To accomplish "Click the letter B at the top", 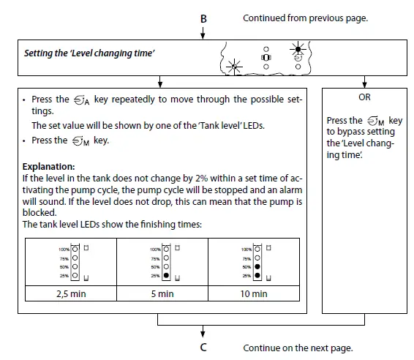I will [x=203, y=18].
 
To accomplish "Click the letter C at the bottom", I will [x=203, y=348].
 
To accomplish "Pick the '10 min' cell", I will [x=255, y=293].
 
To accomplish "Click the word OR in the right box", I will [x=364, y=97].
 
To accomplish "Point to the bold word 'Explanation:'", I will [x=48, y=166].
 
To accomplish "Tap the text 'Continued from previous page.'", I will [x=305, y=18].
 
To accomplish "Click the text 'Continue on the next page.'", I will [x=297, y=348].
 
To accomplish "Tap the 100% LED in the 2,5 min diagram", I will [x=74, y=250].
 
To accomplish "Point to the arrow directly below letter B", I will [x=203, y=32].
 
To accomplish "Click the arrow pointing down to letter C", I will [x=203, y=332].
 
